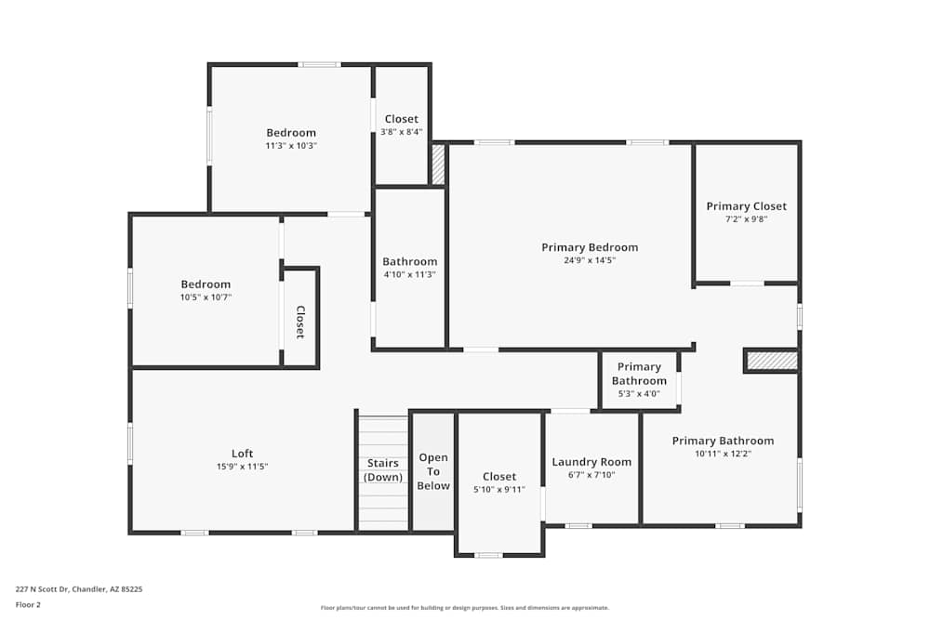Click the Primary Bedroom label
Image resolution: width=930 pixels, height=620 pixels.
(x=590, y=247)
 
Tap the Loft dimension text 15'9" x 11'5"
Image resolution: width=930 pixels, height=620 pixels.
(x=242, y=467)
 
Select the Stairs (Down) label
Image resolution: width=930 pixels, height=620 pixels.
(x=382, y=470)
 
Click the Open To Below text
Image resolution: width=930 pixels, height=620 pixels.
(x=433, y=471)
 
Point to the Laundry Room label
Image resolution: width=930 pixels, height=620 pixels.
(x=591, y=462)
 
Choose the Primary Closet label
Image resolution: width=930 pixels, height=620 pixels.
(x=746, y=206)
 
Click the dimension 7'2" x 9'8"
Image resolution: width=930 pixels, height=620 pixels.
(x=746, y=219)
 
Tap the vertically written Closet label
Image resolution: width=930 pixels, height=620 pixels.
(x=300, y=322)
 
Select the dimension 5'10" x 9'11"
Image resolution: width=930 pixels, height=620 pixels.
(x=499, y=490)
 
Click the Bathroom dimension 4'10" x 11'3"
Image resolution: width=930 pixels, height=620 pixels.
(x=409, y=274)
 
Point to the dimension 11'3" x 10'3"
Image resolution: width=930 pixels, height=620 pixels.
(x=291, y=146)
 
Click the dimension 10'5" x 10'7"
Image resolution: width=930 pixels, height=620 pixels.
(x=206, y=297)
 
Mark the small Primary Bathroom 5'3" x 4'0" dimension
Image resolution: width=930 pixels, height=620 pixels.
(x=639, y=393)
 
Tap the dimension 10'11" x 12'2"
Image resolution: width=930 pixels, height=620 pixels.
(x=723, y=454)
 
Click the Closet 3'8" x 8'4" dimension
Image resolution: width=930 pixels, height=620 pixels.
(x=401, y=132)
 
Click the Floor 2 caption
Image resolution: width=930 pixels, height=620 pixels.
(x=28, y=604)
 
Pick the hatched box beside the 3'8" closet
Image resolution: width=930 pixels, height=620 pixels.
(x=438, y=165)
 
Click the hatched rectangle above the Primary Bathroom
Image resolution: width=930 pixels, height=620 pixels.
(x=772, y=360)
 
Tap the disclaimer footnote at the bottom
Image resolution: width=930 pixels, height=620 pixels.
(x=466, y=607)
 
